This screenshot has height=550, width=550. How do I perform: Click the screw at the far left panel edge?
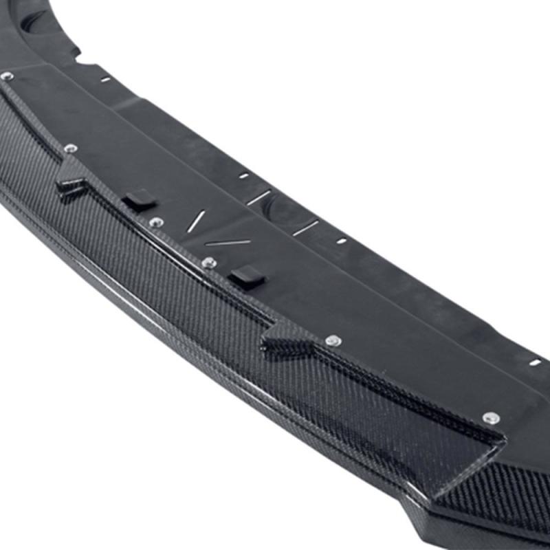coord(7,76)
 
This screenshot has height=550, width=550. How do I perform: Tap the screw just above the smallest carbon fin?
coord(69,148)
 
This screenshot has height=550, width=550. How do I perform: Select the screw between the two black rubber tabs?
coord(156,223)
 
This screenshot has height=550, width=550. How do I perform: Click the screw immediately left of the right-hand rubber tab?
coord(209,263)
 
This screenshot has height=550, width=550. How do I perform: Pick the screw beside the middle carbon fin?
coord(333,340)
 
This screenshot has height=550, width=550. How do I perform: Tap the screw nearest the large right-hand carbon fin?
coord(491,417)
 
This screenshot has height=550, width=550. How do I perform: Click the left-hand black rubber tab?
coord(140,200)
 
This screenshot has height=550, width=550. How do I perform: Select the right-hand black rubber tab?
coord(247,276)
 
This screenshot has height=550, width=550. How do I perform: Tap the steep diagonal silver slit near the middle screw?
coord(197,221)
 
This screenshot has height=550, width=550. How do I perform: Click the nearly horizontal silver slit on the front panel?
coord(228,242)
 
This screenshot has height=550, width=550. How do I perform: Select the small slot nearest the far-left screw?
coord(105,80)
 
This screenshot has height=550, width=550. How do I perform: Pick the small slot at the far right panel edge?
coord(535,362)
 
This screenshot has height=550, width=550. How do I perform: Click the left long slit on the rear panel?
coord(259,198)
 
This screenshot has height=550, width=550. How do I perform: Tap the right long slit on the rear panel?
coord(305,228)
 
